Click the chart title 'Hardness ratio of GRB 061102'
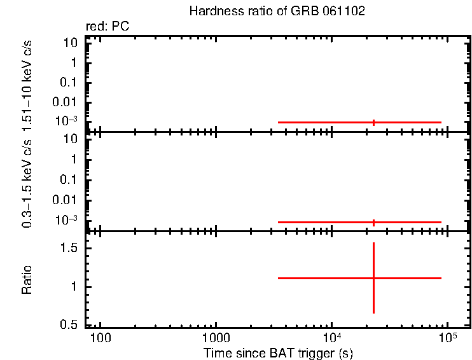277,11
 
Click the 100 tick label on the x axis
100,337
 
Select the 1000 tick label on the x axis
216,337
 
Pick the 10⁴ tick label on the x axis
331,336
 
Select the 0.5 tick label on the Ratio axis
69,325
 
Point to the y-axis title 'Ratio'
27,279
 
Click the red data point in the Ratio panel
373,278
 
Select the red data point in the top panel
373,122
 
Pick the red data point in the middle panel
373,222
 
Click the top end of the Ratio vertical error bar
373,243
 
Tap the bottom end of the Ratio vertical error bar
373,313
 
